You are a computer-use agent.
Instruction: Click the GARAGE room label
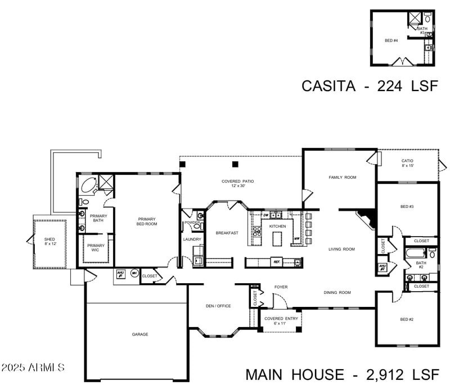click(x=140, y=334)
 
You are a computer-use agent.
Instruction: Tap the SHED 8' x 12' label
click(x=50, y=242)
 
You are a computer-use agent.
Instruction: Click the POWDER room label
click(x=192, y=223)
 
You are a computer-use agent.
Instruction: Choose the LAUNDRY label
click(x=192, y=239)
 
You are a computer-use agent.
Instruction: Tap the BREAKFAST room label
click(x=227, y=233)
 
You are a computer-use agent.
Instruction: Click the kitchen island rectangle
click(x=277, y=239)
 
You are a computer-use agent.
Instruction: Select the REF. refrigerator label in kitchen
click(x=276, y=262)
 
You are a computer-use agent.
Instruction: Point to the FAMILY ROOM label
click(x=343, y=178)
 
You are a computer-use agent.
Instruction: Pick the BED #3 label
click(x=407, y=207)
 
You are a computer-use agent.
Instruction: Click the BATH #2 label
click(x=421, y=265)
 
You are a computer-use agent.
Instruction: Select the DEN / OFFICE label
click(x=218, y=306)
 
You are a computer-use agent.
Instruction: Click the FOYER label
click(x=281, y=287)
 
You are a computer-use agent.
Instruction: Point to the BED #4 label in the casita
click(x=391, y=40)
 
